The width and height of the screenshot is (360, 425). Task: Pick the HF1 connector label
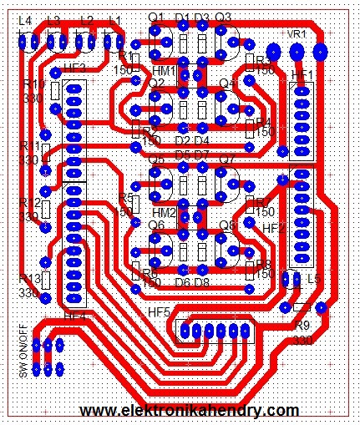tap(302, 76)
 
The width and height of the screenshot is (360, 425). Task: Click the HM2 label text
tap(165, 213)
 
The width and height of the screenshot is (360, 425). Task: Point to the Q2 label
tap(156, 84)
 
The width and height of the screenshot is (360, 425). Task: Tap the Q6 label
tap(156, 225)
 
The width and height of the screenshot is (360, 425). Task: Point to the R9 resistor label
tap(302, 326)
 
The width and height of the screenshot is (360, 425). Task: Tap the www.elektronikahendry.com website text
tap(190, 411)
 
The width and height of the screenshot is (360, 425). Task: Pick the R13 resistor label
tap(29, 279)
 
